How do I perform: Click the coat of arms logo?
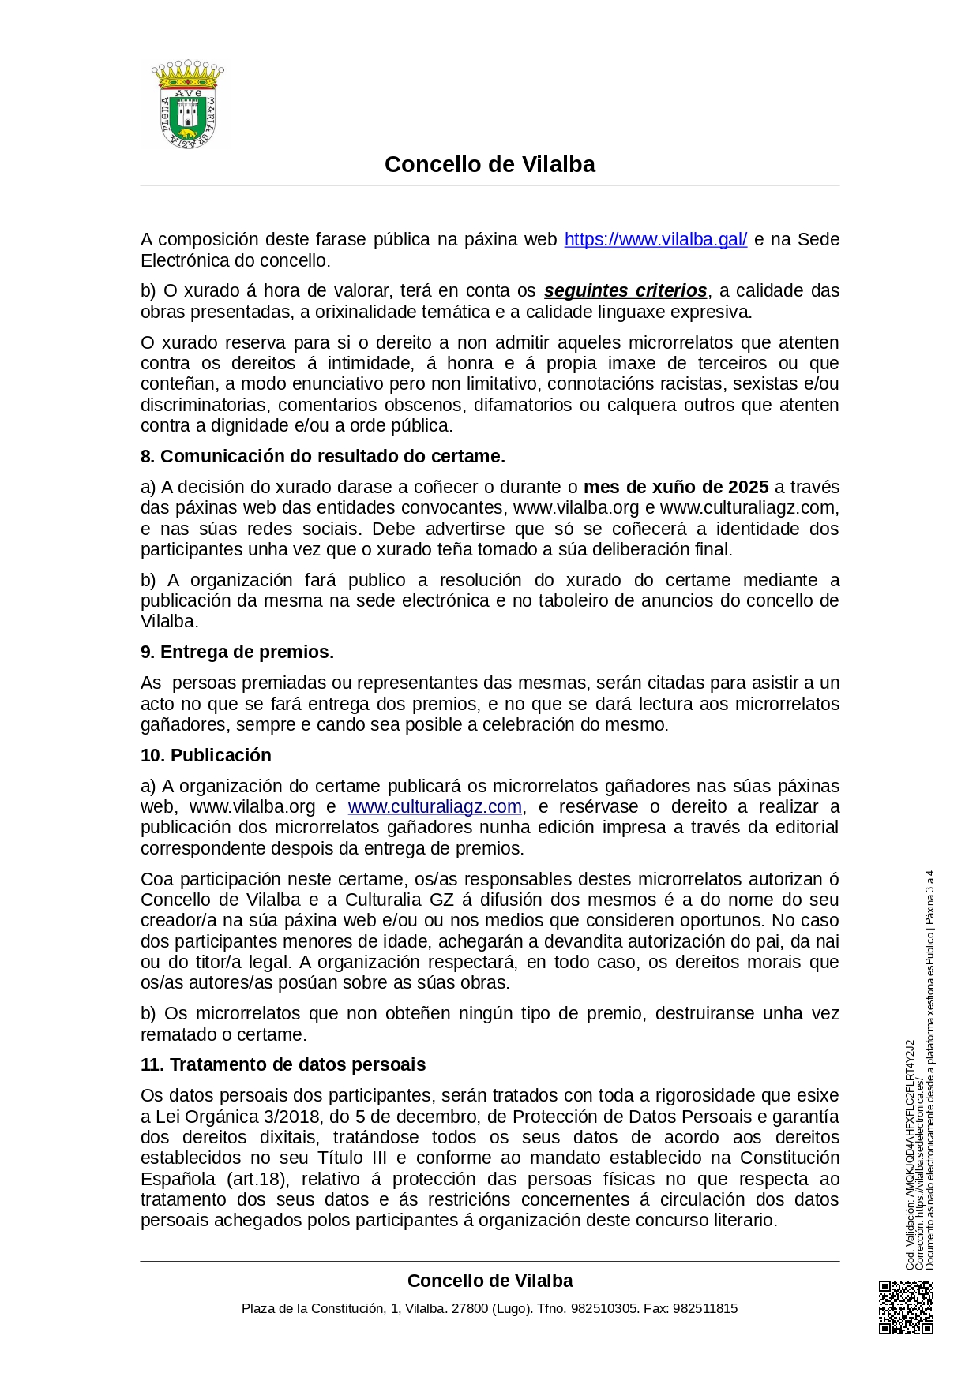pyautogui.click(x=188, y=104)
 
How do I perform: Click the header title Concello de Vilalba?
pyautogui.click(x=490, y=164)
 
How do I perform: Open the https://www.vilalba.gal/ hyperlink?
pyautogui.click(x=655, y=239)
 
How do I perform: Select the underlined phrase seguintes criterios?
pyautogui.click(x=625, y=290)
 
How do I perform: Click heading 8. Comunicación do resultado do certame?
pyautogui.click(x=322, y=456)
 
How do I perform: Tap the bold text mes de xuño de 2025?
pyautogui.click(x=676, y=487)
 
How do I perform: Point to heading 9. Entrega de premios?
pyautogui.click(x=237, y=652)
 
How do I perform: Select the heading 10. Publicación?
pyautogui.click(x=205, y=755)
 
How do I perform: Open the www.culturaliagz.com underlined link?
pyautogui.click(x=434, y=806)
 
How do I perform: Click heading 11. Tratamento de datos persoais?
pyautogui.click(x=283, y=1064)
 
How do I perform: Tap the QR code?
pyautogui.click(x=906, y=1307)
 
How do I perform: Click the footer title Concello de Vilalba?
pyautogui.click(x=490, y=1281)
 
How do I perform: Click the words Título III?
pyautogui.click(x=351, y=1158)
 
